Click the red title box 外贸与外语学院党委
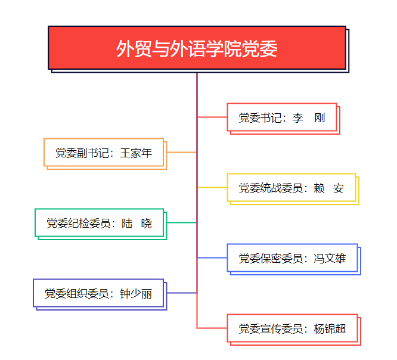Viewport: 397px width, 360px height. coord(197,48)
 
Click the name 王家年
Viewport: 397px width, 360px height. coord(136,153)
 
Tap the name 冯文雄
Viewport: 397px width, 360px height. coord(330,259)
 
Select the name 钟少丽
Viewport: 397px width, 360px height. coord(136,294)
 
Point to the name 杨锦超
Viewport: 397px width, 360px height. coord(330,329)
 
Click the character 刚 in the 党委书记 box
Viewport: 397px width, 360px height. coord(320,118)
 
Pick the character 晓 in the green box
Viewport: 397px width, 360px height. coord(147,224)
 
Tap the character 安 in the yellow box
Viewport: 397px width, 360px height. coord(338,188)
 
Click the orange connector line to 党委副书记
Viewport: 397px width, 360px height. coord(182,152)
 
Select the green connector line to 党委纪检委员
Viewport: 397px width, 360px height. coord(182,222)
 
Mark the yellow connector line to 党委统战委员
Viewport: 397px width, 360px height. coord(212,187)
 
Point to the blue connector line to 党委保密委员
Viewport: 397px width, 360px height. coord(212,257)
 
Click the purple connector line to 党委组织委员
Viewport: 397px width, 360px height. coord(182,293)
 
